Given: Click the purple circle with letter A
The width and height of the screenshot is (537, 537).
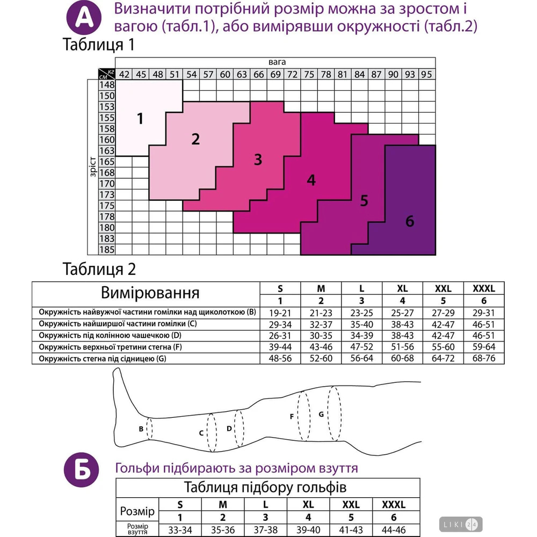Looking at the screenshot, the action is (84, 18).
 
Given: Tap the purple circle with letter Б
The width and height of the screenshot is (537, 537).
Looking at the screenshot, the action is (82, 470).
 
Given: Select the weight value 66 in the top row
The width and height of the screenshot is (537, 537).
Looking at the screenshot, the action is (259, 74).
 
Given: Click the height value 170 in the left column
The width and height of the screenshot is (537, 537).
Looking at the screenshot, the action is (107, 184).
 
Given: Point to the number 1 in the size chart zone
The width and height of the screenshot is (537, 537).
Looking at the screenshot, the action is (140, 119).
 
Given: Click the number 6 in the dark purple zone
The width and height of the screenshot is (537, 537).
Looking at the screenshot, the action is (410, 221).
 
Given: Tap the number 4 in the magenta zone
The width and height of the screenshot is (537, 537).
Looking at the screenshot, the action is (311, 180).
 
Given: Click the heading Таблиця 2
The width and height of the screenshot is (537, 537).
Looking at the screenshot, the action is (99, 269).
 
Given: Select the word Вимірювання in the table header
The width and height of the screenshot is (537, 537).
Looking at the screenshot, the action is (150, 293).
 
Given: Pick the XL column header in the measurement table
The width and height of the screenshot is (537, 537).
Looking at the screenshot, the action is (402, 288).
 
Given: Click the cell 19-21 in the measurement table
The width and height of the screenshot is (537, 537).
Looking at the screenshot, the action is (280, 313).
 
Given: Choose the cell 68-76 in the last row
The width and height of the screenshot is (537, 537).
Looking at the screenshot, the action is (484, 358).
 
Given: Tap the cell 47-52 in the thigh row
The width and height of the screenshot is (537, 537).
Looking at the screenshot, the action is (361, 347).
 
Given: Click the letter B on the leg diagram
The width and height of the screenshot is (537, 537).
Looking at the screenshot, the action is (141, 429).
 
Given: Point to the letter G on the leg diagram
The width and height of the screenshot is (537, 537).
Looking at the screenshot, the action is (321, 414).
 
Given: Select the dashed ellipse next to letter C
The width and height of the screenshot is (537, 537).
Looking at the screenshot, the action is (212, 432).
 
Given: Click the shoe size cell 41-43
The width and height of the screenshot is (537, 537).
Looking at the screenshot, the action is (351, 530).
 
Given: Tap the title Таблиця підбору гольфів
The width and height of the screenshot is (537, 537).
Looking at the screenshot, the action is (265, 488).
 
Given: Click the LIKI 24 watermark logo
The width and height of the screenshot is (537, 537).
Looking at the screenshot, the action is (461, 524).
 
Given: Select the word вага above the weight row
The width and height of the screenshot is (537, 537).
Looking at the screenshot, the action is (277, 62).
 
